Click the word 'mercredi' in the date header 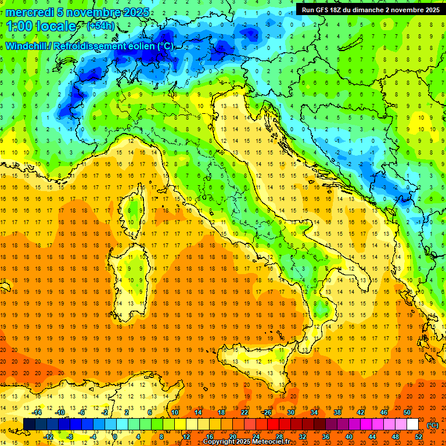29,12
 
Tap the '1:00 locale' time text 41,26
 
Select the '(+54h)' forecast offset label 100,26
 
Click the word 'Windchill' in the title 27,46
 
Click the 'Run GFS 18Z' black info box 370,10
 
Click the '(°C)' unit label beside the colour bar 433,425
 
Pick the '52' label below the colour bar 419,437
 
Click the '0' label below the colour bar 115,437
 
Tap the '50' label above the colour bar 407,412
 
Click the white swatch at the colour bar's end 413,425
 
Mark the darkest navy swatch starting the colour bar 29,425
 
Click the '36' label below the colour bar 326,437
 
